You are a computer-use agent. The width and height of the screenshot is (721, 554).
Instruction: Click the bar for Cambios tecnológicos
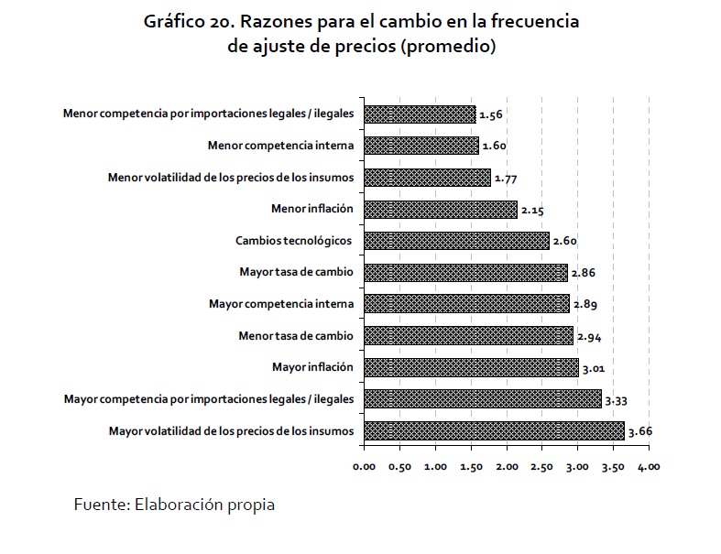click(x=456, y=241)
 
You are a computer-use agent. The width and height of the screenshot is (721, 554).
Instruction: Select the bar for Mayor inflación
click(x=471, y=367)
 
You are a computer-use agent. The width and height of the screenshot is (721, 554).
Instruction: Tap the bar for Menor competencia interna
click(x=421, y=146)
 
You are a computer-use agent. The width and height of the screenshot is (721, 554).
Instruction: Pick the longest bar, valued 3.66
click(x=494, y=430)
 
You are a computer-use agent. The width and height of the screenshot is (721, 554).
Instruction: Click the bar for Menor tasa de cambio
click(x=468, y=336)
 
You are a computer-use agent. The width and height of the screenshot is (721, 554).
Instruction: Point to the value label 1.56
click(x=492, y=114)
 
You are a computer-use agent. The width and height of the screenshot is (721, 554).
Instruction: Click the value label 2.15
click(x=533, y=210)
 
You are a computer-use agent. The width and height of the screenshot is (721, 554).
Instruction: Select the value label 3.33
click(x=617, y=399)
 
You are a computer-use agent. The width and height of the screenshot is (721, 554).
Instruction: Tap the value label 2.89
click(x=585, y=305)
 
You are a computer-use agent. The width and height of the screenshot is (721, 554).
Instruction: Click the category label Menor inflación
click(x=311, y=209)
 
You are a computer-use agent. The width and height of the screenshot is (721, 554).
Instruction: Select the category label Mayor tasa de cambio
click(x=296, y=272)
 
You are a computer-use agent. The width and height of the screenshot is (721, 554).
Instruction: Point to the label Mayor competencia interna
click(x=281, y=304)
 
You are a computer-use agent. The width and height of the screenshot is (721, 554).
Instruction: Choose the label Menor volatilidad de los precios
click(x=230, y=178)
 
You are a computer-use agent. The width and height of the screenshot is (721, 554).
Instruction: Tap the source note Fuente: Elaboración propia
click(x=174, y=505)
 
